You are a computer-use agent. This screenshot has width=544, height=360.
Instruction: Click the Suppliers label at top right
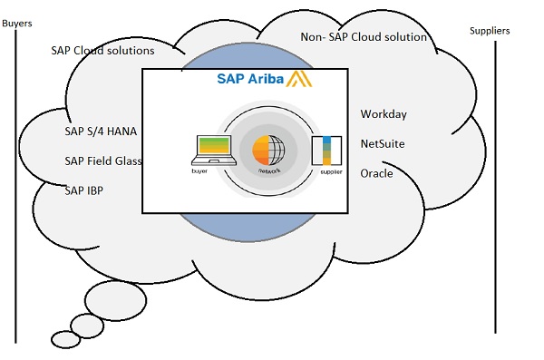(490, 31)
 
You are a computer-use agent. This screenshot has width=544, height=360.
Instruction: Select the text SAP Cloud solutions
(102, 51)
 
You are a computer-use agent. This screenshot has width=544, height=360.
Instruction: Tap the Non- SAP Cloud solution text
(364, 37)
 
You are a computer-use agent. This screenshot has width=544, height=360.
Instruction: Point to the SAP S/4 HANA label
(101, 131)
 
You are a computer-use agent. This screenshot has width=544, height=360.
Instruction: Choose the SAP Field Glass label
(103, 161)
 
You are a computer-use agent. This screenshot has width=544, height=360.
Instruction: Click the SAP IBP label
(84, 191)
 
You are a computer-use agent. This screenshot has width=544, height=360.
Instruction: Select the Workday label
(384, 114)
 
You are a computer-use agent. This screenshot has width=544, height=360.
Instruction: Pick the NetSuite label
(383, 143)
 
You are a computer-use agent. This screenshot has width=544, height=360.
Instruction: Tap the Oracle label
(376, 173)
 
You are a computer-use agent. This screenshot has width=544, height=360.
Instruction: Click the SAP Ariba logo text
(250, 79)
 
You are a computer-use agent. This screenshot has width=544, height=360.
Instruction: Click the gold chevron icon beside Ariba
(300, 80)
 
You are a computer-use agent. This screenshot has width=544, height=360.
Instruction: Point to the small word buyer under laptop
(199, 170)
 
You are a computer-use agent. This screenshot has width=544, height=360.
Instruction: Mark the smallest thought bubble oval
(65, 339)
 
